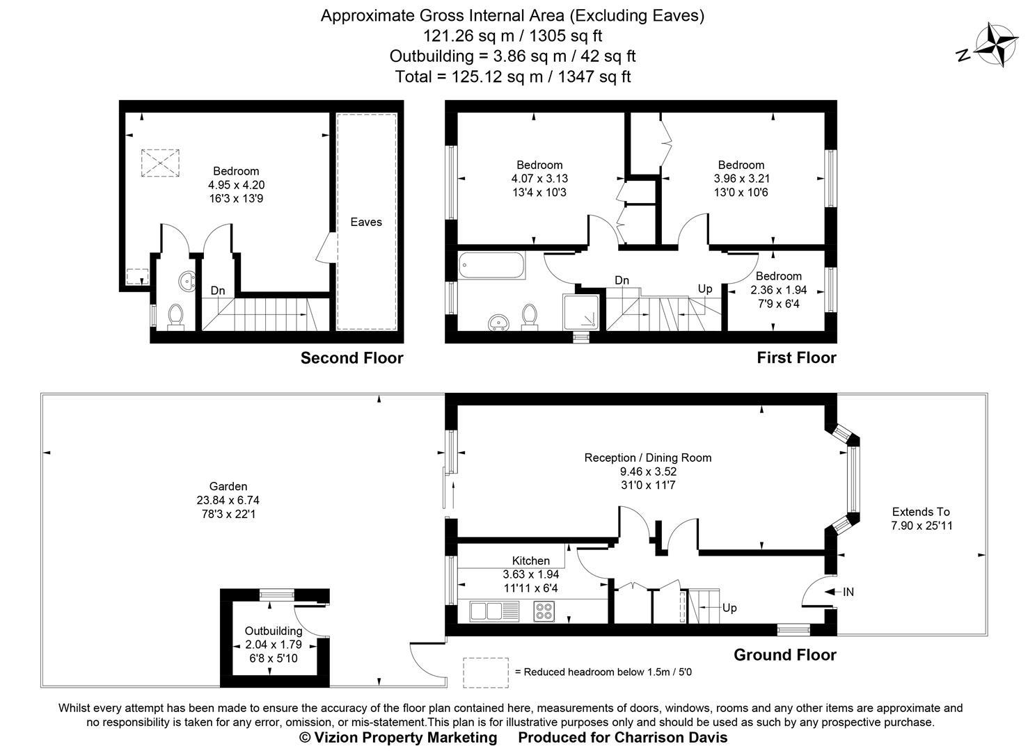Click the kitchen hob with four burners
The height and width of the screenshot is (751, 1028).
pos(544,611)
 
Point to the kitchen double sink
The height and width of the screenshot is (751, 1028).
pos(494,611)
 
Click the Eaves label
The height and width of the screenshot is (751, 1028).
pos(366,222)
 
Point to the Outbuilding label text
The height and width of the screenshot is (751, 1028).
pos(273,631)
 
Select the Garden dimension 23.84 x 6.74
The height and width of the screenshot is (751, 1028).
pos(228,500)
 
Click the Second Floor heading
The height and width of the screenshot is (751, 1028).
pos(351,358)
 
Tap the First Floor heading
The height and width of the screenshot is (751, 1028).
pos(796,358)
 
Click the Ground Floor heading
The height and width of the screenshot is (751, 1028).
pos(784,654)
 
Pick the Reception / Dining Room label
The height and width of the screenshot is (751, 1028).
pos(647,458)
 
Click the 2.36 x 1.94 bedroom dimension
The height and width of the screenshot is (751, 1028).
pos(778,290)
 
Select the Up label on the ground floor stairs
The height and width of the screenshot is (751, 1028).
pos(729,608)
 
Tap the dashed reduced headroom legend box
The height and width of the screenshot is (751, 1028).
pos(485,672)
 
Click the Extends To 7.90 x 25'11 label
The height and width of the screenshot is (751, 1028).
pos(922,519)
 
